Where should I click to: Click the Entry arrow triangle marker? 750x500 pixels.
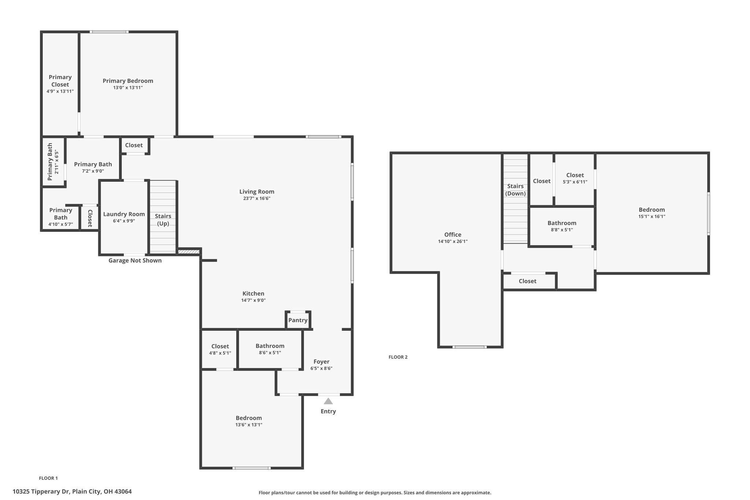click(328, 401)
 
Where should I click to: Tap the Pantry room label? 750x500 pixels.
click(298, 320)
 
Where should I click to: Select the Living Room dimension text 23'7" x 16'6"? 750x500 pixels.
click(257, 199)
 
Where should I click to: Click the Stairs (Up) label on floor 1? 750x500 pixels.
click(163, 220)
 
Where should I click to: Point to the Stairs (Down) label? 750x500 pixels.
click(515, 190)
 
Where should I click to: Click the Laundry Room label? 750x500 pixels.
click(124, 214)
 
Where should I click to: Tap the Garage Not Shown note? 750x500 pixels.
click(135, 260)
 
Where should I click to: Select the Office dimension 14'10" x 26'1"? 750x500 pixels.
click(453, 241)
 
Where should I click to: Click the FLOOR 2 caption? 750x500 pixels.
click(398, 357)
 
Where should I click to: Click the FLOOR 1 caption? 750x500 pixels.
click(48, 478)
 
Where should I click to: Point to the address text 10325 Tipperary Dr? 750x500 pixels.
click(41, 492)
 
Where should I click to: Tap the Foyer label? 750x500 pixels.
click(321, 362)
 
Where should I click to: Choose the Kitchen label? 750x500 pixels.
click(253, 293)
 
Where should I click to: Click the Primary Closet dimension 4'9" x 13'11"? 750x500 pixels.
click(60, 91)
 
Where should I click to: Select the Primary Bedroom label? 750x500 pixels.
click(128, 81)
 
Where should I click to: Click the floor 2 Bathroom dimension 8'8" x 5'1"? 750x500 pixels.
click(562, 230)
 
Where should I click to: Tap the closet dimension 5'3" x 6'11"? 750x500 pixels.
click(575, 182)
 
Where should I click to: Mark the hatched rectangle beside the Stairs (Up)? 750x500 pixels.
click(189, 252)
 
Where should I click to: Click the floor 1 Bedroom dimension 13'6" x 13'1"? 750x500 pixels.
click(249, 425)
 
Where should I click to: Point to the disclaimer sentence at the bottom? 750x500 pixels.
click(375, 493)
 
